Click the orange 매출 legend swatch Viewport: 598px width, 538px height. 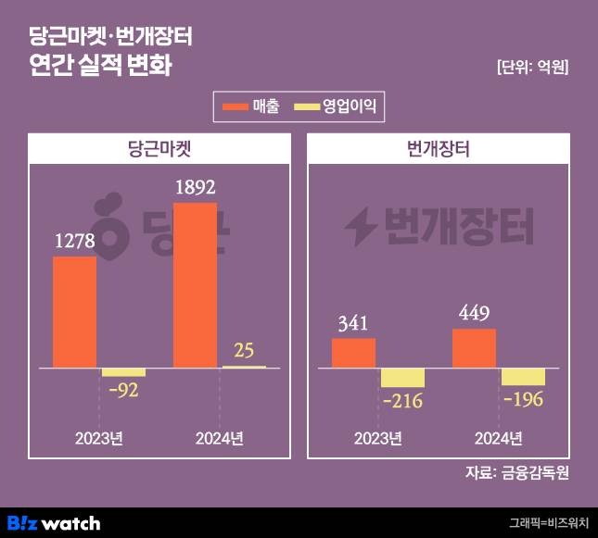(x=236, y=106)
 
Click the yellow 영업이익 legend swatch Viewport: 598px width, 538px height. (x=307, y=106)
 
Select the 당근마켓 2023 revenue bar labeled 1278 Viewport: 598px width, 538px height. (x=75, y=312)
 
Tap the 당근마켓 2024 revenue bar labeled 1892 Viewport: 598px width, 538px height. (x=196, y=285)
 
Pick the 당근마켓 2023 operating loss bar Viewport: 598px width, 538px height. (x=123, y=372)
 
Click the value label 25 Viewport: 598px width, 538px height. (x=244, y=351)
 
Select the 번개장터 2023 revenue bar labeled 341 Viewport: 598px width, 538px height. (x=353, y=353)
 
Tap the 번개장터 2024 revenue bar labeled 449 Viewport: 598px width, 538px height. (x=475, y=348)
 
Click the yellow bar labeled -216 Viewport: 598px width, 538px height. (x=402, y=378)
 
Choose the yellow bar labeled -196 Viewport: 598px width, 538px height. (x=523, y=376)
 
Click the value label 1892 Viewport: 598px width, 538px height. (x=196, y=188)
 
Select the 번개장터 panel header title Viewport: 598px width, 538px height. (x=439, y=148)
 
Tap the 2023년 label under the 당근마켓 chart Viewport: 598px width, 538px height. (x=99, y=438)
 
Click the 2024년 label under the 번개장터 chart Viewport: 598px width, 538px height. (x=498, y=438)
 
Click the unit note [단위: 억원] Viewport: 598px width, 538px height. (x=532, y=67)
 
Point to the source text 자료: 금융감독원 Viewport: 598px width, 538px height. (x=516, y=472)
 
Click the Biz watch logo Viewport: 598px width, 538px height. (x=54, y=522)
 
